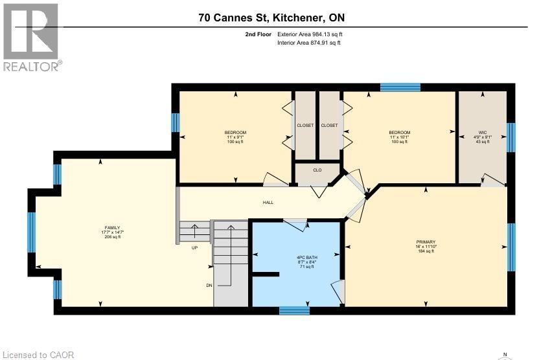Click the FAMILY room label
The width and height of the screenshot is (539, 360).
point(112,228)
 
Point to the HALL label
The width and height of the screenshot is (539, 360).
point(268,203)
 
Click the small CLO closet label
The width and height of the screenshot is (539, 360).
point(317,171)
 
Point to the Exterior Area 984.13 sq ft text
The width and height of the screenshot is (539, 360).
point(309,34)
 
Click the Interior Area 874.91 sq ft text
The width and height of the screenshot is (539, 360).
point(308,43)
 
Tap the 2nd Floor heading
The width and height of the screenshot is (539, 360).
point(253,34)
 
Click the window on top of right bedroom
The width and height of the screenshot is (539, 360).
point(400,87)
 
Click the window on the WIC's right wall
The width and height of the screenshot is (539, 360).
point(510,137)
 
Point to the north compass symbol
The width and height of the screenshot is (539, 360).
point(505,354)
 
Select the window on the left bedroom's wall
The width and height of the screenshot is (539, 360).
point(175,122)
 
